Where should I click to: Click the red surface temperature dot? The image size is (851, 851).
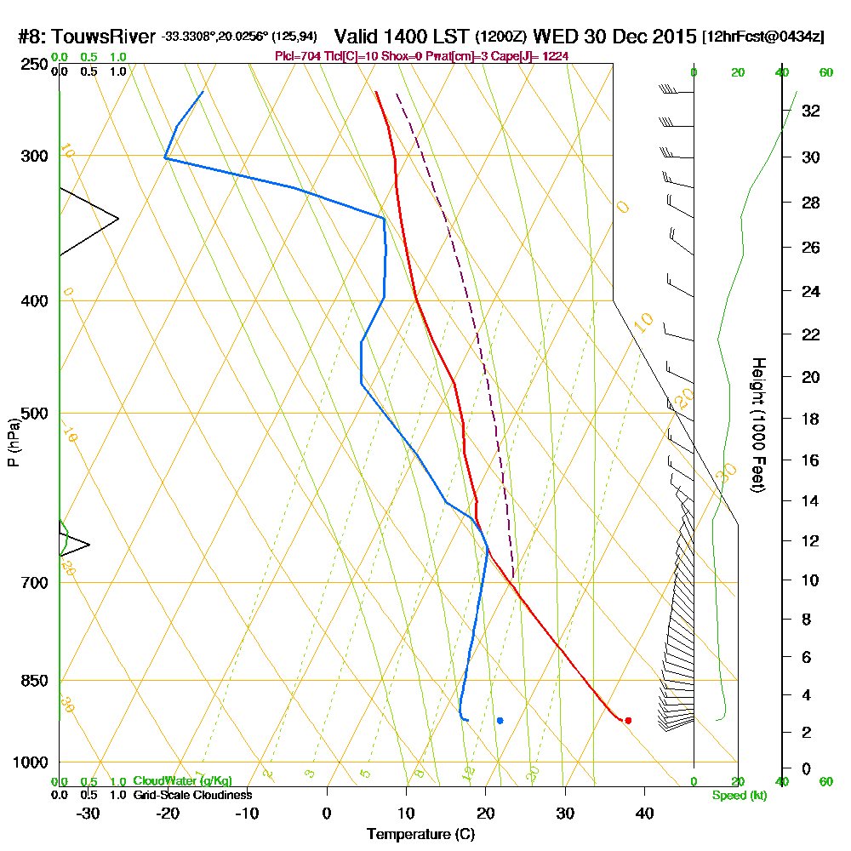[628, 720]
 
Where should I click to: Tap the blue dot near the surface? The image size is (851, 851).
[500, 720]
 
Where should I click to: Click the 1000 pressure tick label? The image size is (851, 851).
[29, 762]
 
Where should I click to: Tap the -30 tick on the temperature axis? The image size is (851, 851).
[88, 813]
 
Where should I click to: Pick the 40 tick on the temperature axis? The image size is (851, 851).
[644, 813]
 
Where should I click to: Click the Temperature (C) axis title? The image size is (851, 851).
[420, 835]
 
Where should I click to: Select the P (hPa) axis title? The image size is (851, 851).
[13, 443]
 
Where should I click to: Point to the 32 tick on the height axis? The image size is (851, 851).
[810, 111]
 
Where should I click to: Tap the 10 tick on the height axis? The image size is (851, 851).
[810, 580]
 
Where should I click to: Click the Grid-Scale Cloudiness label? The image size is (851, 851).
[191, 795]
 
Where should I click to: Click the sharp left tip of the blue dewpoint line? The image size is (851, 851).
[165, 158]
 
